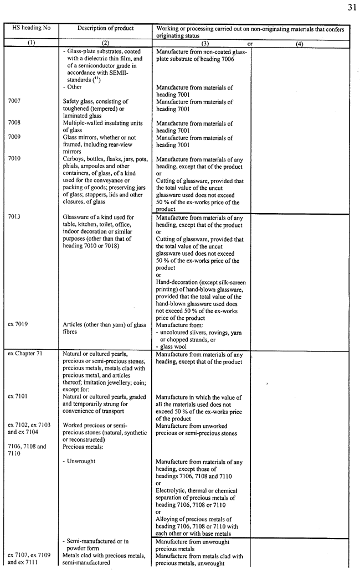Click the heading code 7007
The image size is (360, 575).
click(15, 102)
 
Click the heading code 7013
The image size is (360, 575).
click(15, 217)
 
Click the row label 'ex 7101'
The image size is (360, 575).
click(18, 397)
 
